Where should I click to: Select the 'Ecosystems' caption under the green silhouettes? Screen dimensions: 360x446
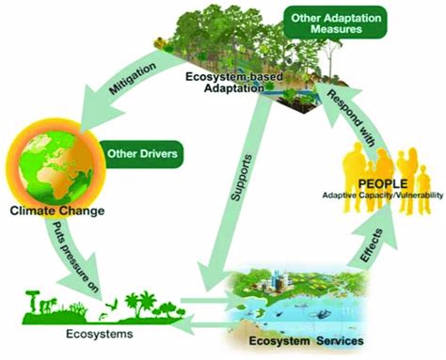[65, 332]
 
